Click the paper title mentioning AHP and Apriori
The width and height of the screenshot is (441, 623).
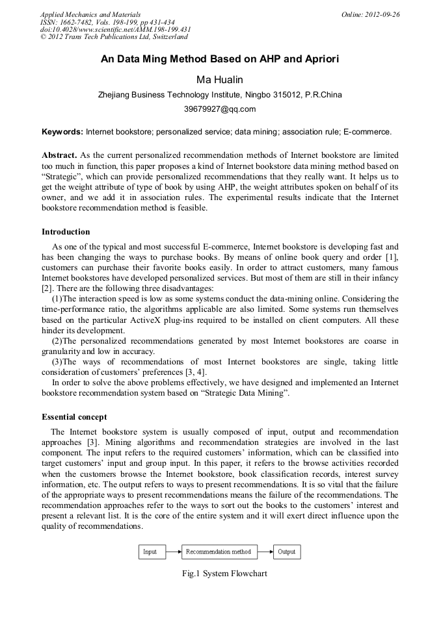tap(220, 59)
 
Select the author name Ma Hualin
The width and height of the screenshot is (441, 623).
tap(220, 79)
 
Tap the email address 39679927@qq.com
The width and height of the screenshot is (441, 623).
tap(220, 108)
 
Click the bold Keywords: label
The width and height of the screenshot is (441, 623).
tap(62, 132)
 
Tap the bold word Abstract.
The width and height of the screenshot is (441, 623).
tap(59, 156)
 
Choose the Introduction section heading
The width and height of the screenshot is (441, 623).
tap(66, 232)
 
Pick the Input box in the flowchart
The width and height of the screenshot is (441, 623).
tap(150, 552)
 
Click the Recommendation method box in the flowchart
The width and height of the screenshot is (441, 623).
tap(218, 552)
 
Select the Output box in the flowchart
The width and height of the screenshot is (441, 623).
tap(286, 552)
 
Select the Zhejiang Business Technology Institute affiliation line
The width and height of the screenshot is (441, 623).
tap(220, 94)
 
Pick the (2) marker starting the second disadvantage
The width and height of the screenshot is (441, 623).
tap(57, 341)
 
